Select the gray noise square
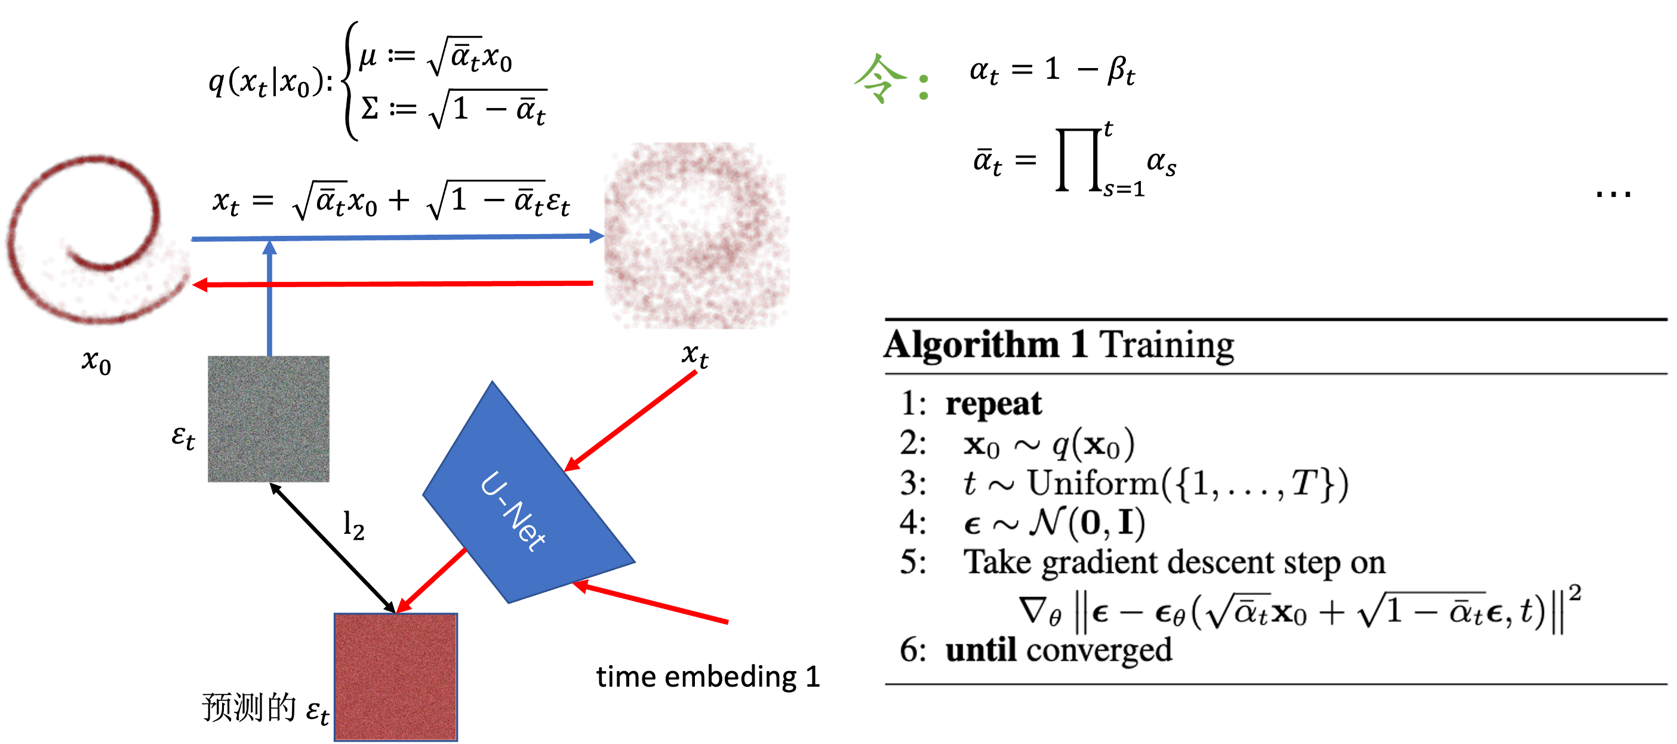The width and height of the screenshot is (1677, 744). tap(269, 419)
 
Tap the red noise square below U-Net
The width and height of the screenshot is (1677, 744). tap(396, 677)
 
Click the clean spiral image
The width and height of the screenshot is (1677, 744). tap(98, 238)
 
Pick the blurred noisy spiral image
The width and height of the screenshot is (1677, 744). tap(697, 236)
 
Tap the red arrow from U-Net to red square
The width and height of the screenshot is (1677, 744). tap(432, 580)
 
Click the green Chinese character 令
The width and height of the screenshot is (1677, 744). tap(880, 79)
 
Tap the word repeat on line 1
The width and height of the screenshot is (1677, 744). tap(993, 404)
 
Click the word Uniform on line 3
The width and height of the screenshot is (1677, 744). tap(1093, 484)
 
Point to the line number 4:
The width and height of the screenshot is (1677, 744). tap(913, 522)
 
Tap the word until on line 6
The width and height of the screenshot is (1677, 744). tap(980, 650)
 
